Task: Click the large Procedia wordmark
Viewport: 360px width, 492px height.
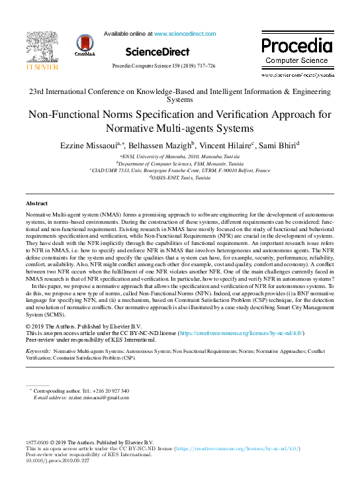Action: tap(296, 46)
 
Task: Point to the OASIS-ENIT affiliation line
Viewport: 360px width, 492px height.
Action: tap(180, 177)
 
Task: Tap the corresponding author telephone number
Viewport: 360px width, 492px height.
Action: tap(112, 391)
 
